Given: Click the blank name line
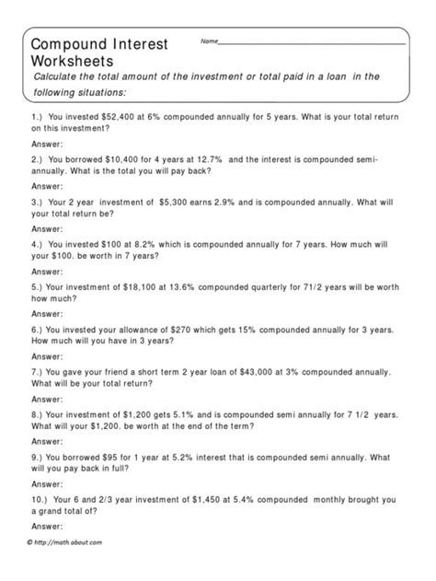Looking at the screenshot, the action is point(313,43).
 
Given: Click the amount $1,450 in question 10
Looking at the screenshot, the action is point(201,498).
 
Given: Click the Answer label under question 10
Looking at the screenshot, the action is point(46,525).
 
